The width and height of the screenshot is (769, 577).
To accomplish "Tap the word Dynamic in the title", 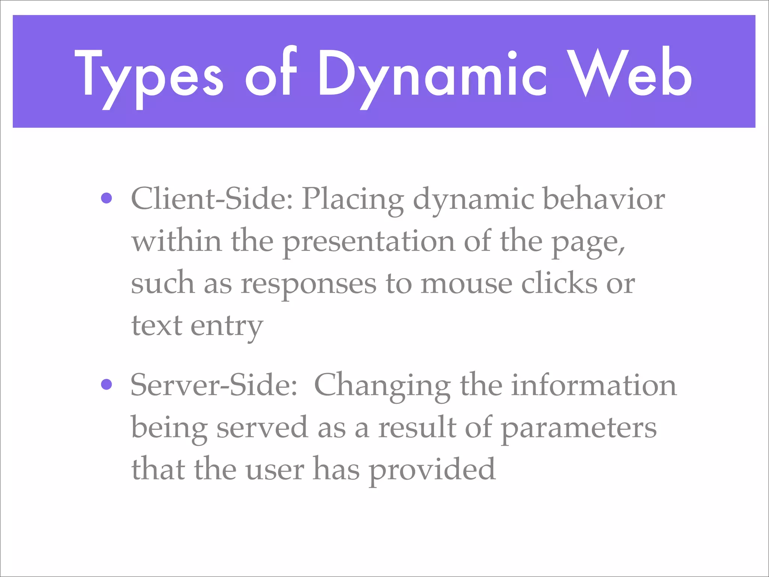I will [x=432, y=75].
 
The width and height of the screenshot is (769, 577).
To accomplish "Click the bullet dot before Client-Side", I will [x=107, y=198].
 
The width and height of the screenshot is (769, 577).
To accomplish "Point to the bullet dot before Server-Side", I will [x=107, y=384].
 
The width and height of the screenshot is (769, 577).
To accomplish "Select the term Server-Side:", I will [x=214, y=385].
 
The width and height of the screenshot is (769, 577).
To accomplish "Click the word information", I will [x=594, y=385].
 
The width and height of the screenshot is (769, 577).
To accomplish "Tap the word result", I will [x=417, y=427].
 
